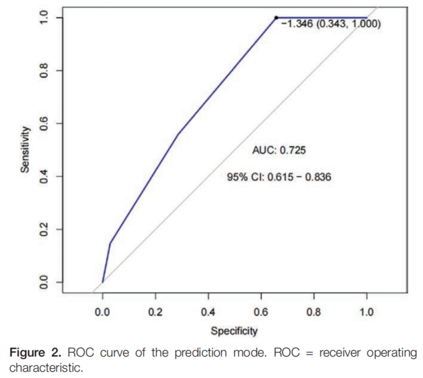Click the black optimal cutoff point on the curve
point(277,17)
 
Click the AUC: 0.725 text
point(279,151)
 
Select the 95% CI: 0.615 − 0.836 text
point(279,177)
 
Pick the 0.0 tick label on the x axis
point(102,313)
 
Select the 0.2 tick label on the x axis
point(155,313)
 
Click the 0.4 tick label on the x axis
point(208,313)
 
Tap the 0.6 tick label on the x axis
point(261,313)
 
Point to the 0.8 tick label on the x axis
point(314,313)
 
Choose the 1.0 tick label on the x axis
point(366,313)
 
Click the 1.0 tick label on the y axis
point(45,18)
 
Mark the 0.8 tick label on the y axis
point(45,70)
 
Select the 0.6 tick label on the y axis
point(45,123)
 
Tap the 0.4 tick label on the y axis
point(45,176)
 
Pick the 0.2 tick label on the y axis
point(45,229)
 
